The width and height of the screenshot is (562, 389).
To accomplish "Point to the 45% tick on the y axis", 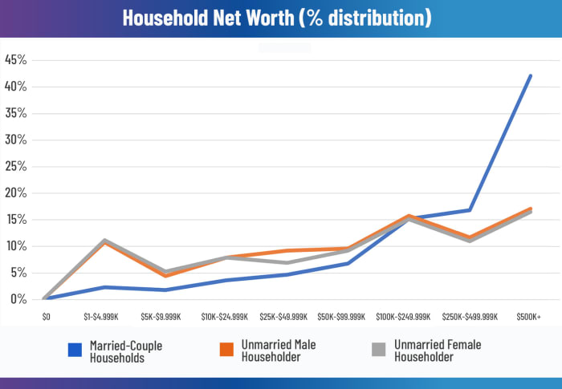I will tap(16, 60).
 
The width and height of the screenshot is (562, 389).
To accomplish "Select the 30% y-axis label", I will tap(16, 140).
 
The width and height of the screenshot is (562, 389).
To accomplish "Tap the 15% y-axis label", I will tap(16, 220).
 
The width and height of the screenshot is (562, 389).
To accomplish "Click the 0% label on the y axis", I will tap(18, 299).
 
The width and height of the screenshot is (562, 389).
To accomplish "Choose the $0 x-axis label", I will tap(46, 317).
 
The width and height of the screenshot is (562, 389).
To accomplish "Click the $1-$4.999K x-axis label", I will tap(105, 317).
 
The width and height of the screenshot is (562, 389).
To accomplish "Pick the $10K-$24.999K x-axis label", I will tap(226, 317).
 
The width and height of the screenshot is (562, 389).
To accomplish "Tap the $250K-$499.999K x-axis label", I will tap(469, 317).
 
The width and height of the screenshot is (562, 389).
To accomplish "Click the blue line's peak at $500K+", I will tap(531, 75).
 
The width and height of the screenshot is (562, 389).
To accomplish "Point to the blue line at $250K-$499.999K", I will tap(470, 210).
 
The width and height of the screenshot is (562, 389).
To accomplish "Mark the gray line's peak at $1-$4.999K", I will tap(105, 240).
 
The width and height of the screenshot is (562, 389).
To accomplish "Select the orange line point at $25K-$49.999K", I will tap(287, 251).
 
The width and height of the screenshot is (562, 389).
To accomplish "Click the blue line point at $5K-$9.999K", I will tap(165, 290).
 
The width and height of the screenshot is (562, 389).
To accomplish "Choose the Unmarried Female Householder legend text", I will tap(438, 351).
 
